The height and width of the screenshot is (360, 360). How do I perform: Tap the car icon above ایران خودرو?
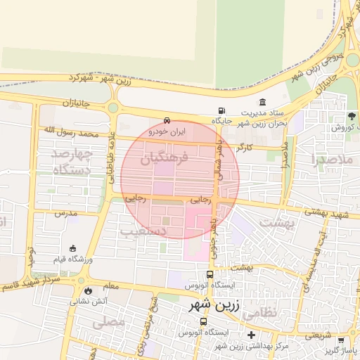pos(167,120)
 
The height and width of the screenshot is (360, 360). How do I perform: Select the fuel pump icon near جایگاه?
pos(222,110)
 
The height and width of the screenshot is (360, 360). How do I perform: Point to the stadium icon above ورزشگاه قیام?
pos(73,248)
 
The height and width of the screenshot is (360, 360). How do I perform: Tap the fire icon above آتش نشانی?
pos(88,290)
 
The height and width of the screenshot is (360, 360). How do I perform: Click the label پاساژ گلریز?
pos(341,349)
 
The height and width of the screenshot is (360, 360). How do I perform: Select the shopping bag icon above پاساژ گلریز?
pos(327,337)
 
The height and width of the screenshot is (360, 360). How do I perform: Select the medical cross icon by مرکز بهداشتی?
pos(251,335)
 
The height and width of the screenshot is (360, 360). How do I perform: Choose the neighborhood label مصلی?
pos(108,322)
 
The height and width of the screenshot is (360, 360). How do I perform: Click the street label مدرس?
pos(65,212)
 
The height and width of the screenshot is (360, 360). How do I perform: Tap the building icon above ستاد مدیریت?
pos(262,103)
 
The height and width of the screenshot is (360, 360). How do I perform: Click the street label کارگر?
pos(245,148)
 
